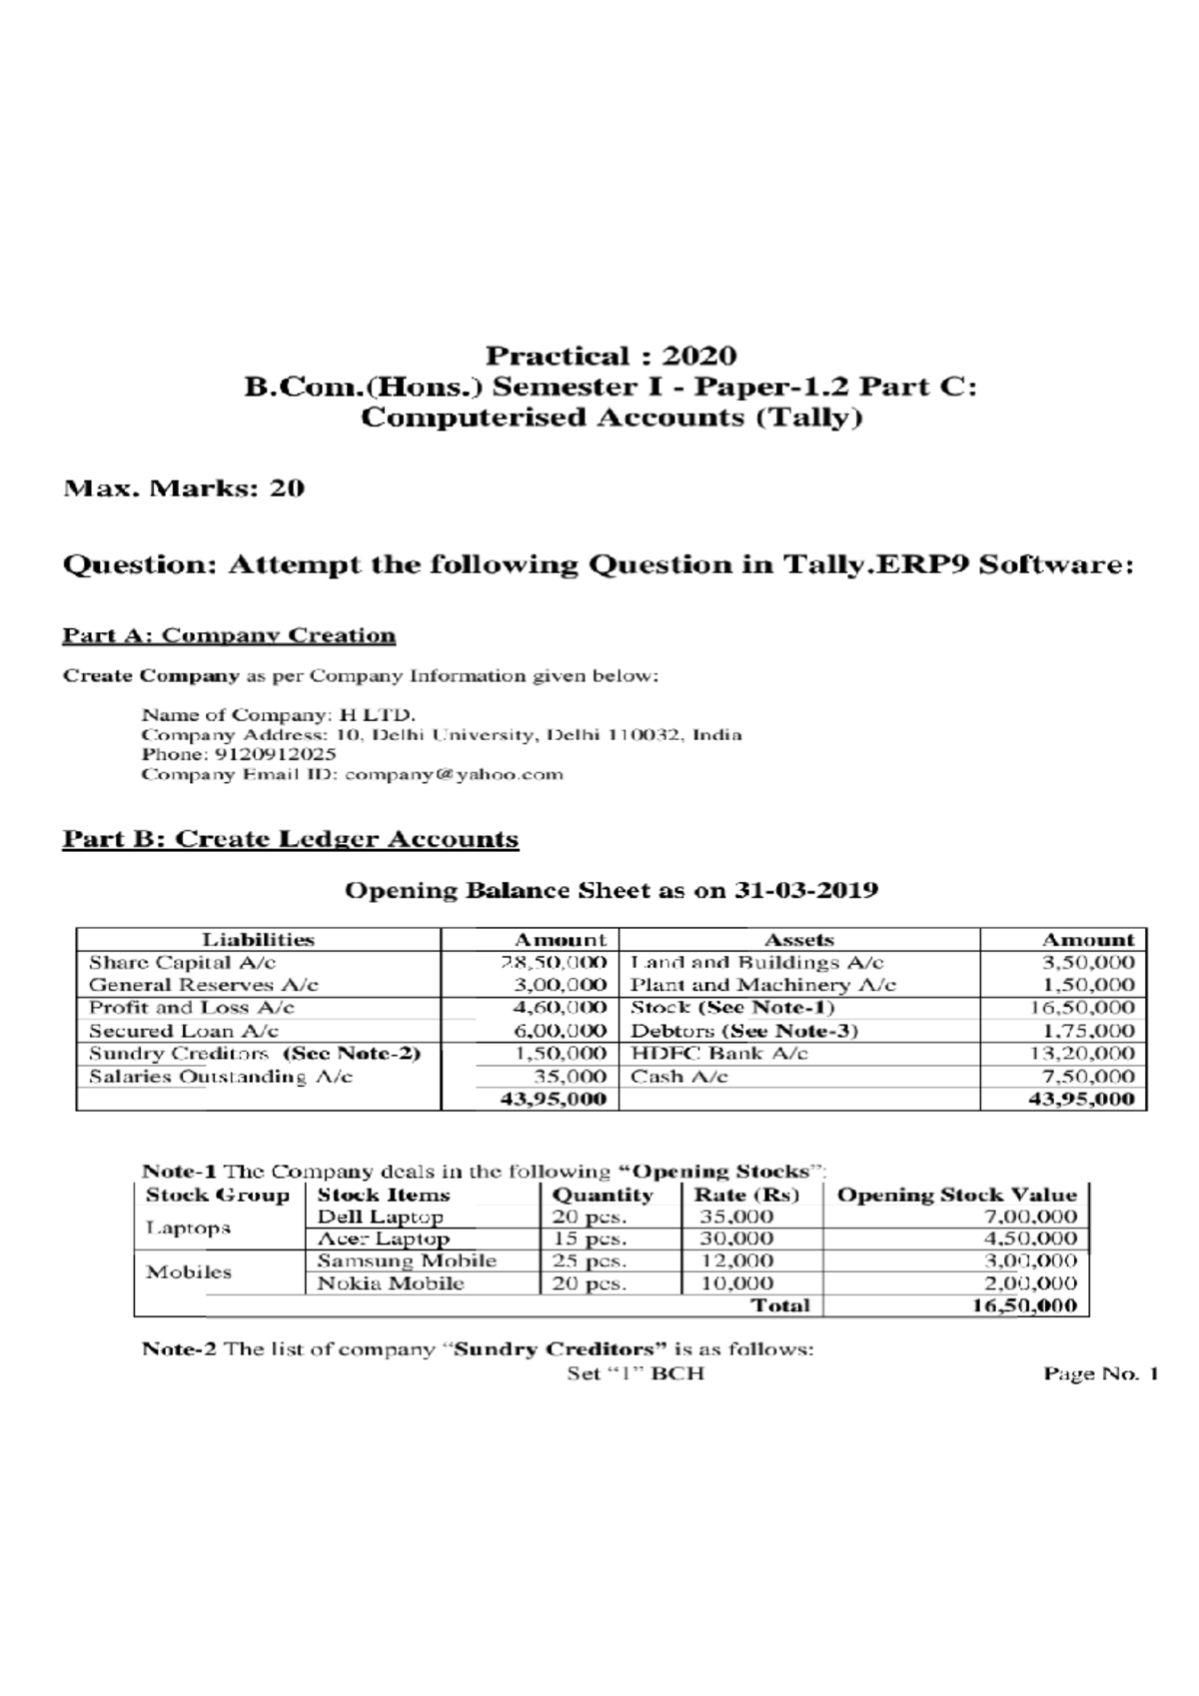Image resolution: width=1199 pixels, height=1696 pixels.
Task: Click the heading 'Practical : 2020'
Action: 610,356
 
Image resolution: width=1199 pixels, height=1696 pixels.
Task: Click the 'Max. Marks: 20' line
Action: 184,488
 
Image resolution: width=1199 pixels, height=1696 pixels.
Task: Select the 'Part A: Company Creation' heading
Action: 229,635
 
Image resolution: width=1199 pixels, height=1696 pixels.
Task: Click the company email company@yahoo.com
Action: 454,774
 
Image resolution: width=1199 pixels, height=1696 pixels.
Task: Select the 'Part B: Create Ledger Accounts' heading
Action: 291,838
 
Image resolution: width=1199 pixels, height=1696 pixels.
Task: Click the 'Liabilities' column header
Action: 258,940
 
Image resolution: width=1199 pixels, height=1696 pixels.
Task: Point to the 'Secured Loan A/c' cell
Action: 184,1031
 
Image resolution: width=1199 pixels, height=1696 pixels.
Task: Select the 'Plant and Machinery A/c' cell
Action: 762,985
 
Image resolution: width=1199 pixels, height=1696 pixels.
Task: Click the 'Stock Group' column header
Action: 217,1195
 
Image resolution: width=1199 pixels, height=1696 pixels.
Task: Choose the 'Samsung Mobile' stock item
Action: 406,1261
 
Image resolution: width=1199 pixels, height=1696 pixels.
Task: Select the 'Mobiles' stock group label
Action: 188,1272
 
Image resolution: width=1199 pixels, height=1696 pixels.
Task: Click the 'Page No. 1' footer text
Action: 1100,1373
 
